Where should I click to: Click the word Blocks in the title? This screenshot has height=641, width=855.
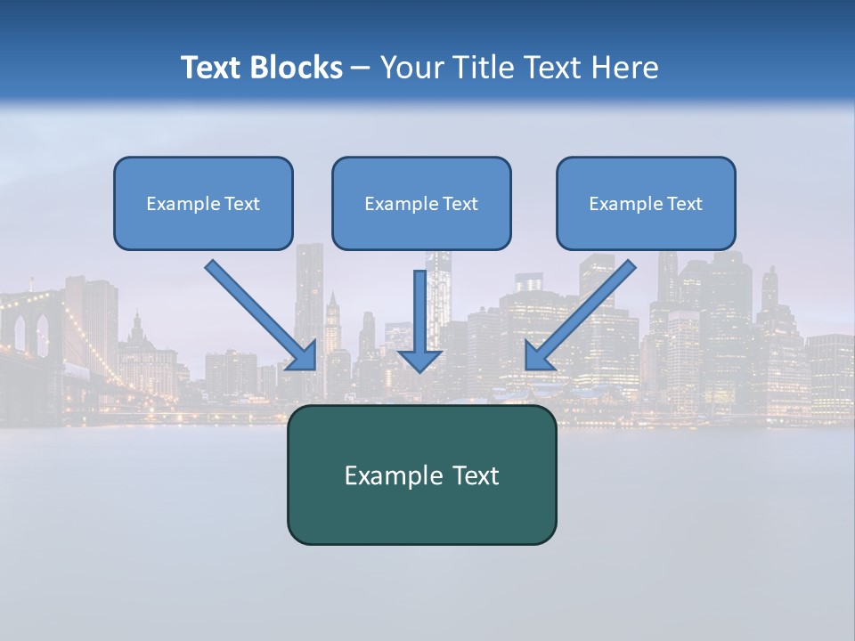tap(297, 68)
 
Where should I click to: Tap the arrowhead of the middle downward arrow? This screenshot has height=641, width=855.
tap(419, 360)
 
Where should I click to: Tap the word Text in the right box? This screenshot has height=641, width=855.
tap(684, 204)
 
